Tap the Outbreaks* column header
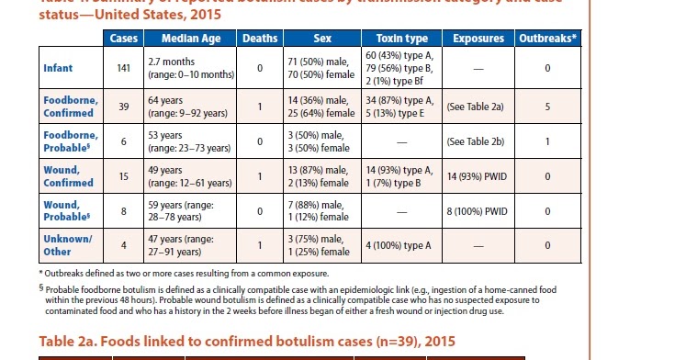pos(548,39)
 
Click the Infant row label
pos(58,68)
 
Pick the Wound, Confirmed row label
pos(68,175)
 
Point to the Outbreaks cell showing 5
pos(547,106)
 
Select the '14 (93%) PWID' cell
pos(476,175)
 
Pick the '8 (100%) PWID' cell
pos(476,210)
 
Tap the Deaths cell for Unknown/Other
pos(260,245)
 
